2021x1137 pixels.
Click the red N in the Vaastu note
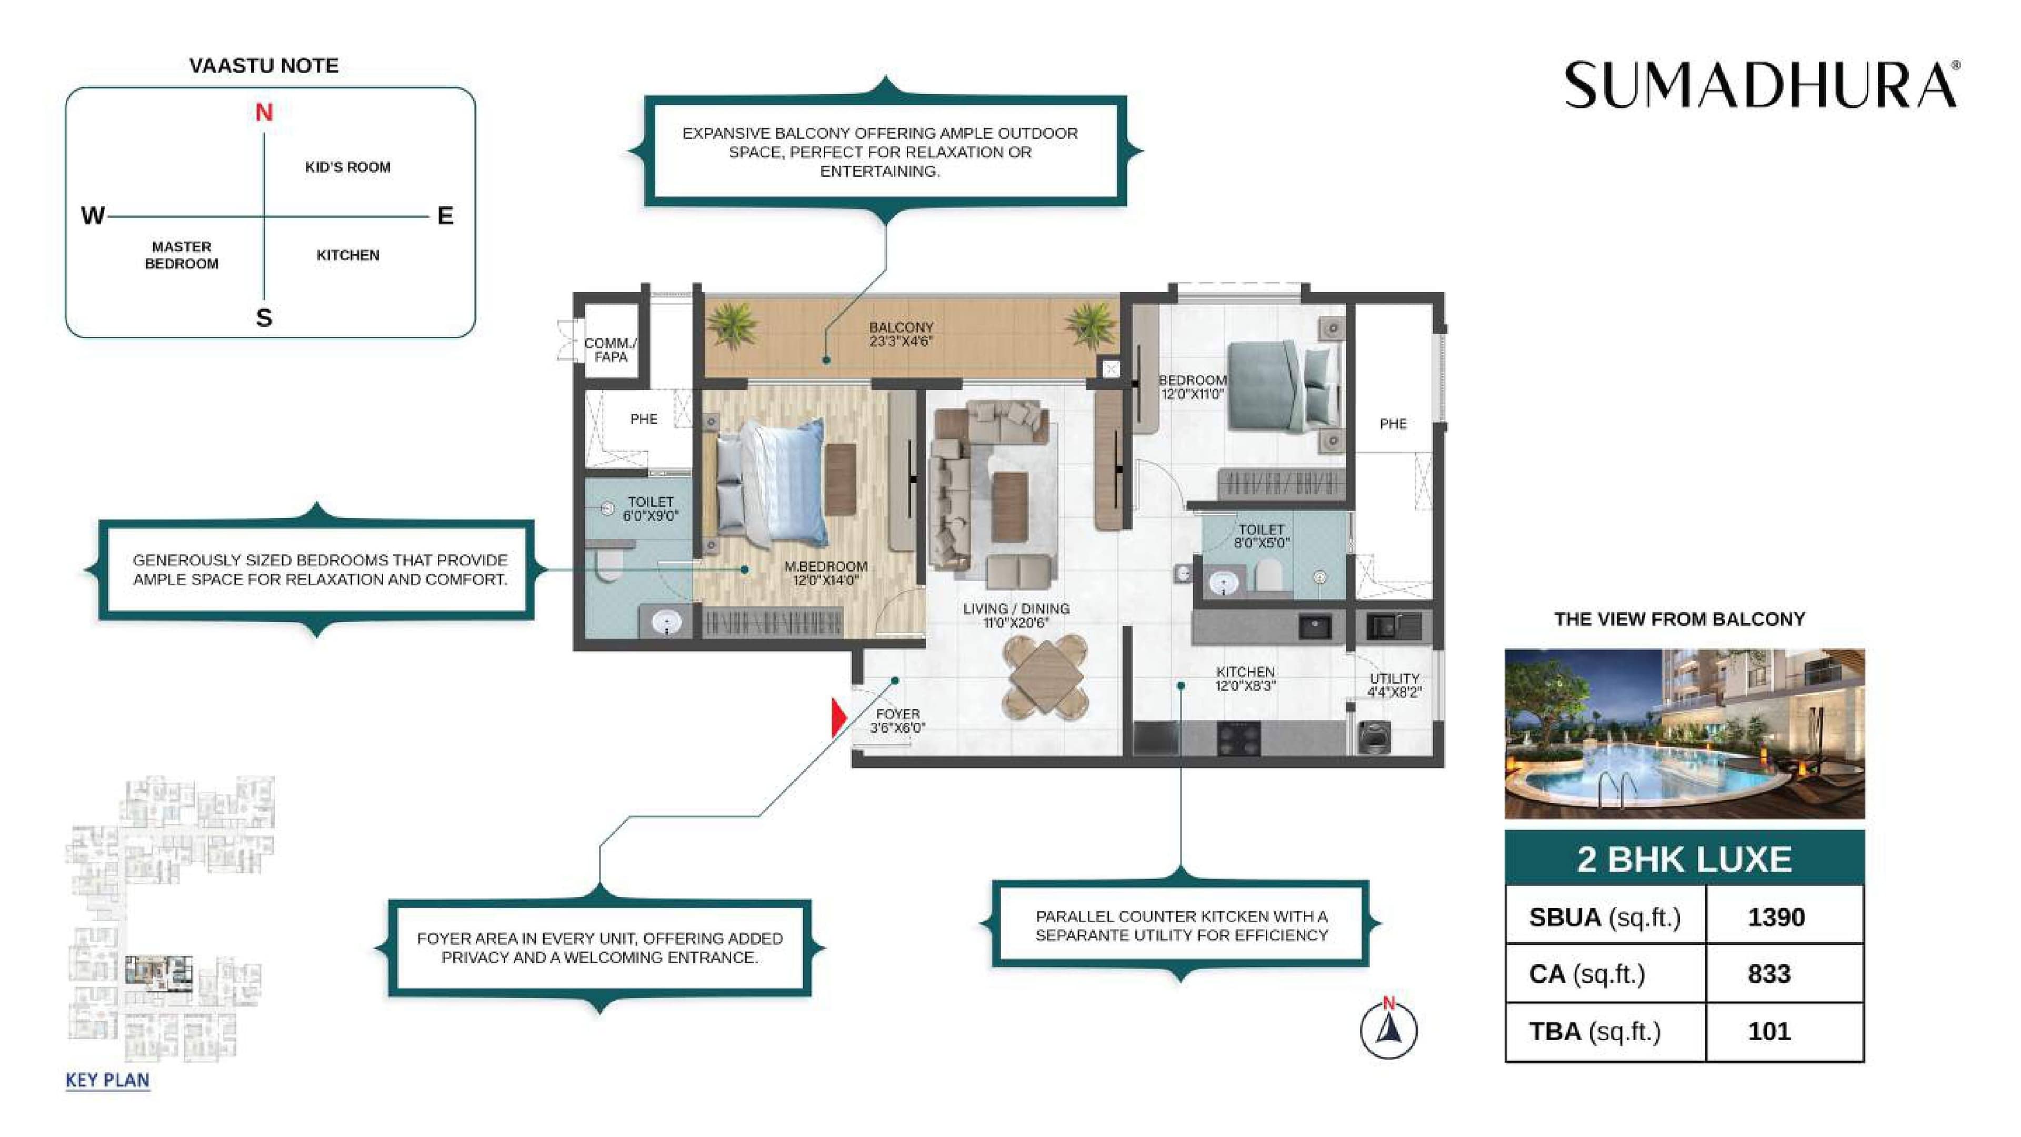pyautogui.click(x=264, y=113)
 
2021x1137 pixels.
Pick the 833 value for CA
pyautogui.click(x=1768, y=974)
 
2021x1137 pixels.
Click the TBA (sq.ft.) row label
pyautogui.click(x=1594, y=1031)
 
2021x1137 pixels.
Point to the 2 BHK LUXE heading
pyautogui.click(x=1684, y=859)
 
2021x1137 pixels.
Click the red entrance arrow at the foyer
pyautogui.click(x=838, y=718)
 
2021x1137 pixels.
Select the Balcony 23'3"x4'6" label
pyautogui.click(x=901, y=334)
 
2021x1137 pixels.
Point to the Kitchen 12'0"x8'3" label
pyautogui.click(x=1245, y=679)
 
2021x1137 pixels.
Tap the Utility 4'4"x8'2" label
pyautogui.click(x=1394, y=685)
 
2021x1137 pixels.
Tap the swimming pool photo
pyautogui.click(x=1684, y=734)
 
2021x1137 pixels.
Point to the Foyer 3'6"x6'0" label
pyautogui.click(x=897, y=720)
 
